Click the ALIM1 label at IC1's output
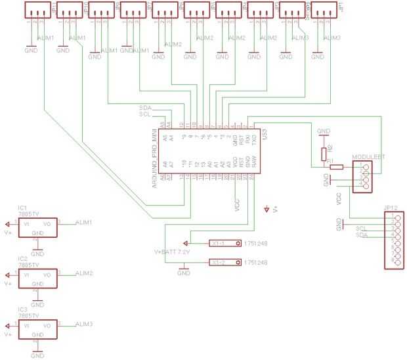tap(84, 223)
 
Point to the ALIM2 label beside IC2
tap(84, 272)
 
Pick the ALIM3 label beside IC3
tap(84, 324)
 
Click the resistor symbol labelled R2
tap(323, 154)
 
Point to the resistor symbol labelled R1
tap(335, 167)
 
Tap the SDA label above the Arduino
tap(145, 107)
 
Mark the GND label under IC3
tap(37, 355)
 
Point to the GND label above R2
tap(323, 131)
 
